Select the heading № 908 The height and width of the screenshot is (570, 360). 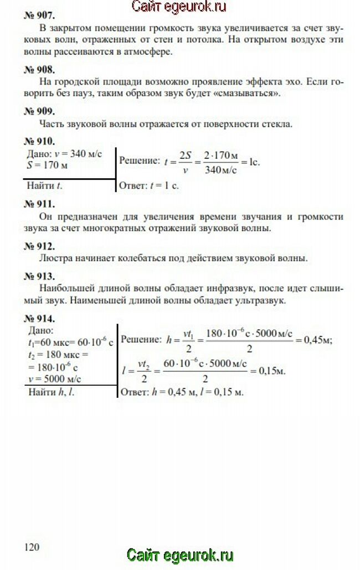click(39, 70)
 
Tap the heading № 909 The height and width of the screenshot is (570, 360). click(39, 111)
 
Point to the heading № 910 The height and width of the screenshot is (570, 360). click(39, 141)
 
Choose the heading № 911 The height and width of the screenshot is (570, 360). click(39, 203)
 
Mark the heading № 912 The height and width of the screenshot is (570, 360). click(39, 246)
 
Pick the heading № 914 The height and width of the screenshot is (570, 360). click(39, 319)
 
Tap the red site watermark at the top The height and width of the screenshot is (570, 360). click(179, 7)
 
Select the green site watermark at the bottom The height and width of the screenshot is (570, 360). click(180, 555)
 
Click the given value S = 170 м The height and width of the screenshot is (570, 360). click(49, 165)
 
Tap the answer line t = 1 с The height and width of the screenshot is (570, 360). click(150, 186)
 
